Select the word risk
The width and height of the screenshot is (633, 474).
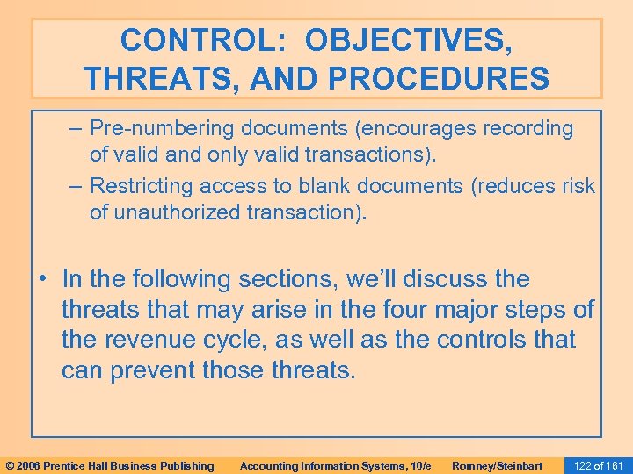coord(574,186)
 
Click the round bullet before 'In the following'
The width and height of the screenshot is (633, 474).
coord(42,280)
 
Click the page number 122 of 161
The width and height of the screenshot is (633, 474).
coord(597,465)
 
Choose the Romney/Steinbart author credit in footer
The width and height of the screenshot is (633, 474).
coord(497,465)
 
